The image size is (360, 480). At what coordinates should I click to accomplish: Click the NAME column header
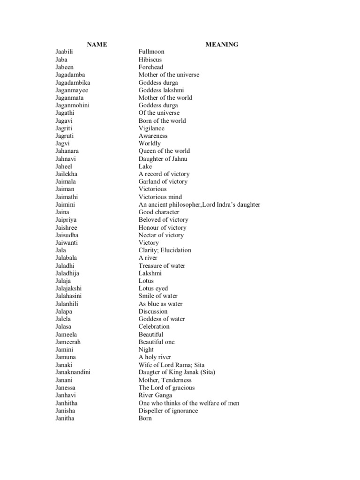[97, 45]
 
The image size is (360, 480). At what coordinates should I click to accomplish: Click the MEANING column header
[222, 45]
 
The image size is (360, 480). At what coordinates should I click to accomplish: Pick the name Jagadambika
[73, 82]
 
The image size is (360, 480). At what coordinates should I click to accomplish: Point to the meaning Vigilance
[151, 128]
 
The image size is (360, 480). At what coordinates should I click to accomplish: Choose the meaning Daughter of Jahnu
[163, 158]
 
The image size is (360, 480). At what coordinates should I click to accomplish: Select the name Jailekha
[66, 174]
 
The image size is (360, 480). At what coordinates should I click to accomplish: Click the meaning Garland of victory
[163, 181]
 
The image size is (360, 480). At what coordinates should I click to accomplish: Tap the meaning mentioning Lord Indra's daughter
[199, 204]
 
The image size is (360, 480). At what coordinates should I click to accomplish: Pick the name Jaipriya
[66, 219]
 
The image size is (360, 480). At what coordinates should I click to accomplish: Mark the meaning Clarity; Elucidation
[165, 250]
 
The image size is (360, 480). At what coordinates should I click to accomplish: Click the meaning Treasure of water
[162, 265]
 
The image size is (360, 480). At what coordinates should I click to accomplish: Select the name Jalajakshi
[68, 288]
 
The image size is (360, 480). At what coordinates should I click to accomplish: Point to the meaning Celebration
[154, 326]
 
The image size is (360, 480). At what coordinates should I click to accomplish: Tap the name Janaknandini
[73, 372]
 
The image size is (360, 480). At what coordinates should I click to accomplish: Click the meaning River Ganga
[155, 395]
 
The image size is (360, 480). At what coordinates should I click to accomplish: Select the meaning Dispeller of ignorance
[168, 411]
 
